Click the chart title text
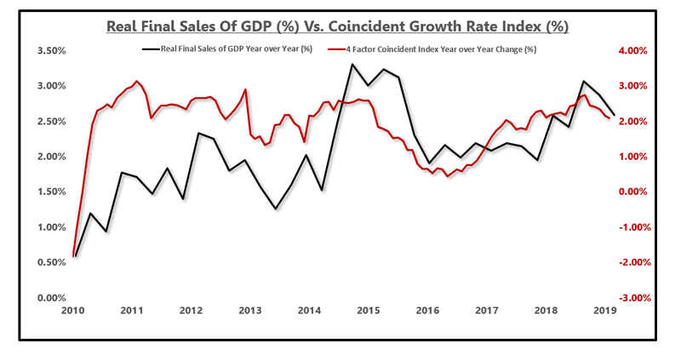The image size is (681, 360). click(337, 26)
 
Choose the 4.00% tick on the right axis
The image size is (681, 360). click(633, 51)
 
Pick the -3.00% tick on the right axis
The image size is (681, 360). click(632, 298)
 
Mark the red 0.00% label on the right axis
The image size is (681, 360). click(633, 192)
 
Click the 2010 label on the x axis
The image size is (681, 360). click(74, 312)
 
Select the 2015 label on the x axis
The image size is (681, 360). click(368, 312)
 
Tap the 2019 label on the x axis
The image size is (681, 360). click(603, 312)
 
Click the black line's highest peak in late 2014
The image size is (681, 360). click(352, 64)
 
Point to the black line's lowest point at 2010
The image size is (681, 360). click(75, 256)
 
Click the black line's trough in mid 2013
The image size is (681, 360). click(275, 209)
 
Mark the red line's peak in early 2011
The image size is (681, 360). click(137, 82)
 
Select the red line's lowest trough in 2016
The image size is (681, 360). click(448, 176)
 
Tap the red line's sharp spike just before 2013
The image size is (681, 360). click(246, 89)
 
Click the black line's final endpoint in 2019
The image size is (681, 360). click(615, 114)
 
